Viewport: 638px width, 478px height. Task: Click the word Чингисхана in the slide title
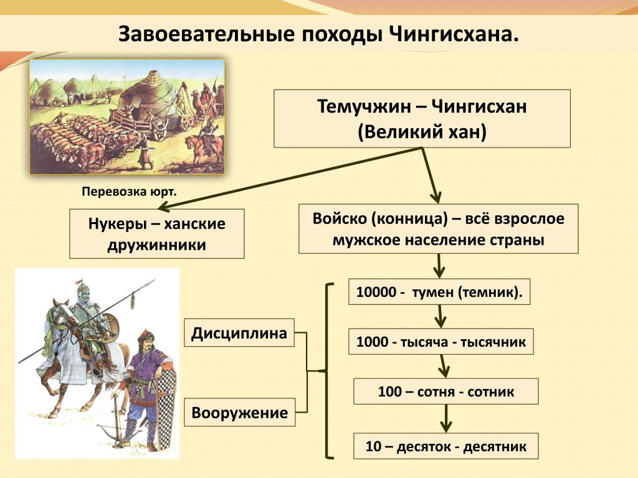pos(454,35)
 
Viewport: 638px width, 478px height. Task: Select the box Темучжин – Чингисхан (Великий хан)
pos(422,119)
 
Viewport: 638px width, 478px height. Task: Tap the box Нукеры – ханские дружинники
pos(156,234)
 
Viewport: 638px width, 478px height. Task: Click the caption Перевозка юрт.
pos(130,192)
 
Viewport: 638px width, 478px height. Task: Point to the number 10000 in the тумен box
pos(376,292)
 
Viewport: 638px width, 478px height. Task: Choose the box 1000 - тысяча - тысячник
pos(440,342)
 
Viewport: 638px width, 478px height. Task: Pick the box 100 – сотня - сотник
pos(446,391)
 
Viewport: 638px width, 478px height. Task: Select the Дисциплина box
pos(239,332)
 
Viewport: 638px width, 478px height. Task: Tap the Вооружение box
pos(240,412)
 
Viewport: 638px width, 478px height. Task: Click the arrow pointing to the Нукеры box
pos(290,178)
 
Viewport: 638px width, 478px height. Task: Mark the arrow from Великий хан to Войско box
pos(430,175)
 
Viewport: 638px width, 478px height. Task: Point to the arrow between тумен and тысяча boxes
pos(440,316)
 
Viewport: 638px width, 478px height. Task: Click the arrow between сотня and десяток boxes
pos(446,419)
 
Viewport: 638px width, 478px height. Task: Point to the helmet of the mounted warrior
pos(83,291)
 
